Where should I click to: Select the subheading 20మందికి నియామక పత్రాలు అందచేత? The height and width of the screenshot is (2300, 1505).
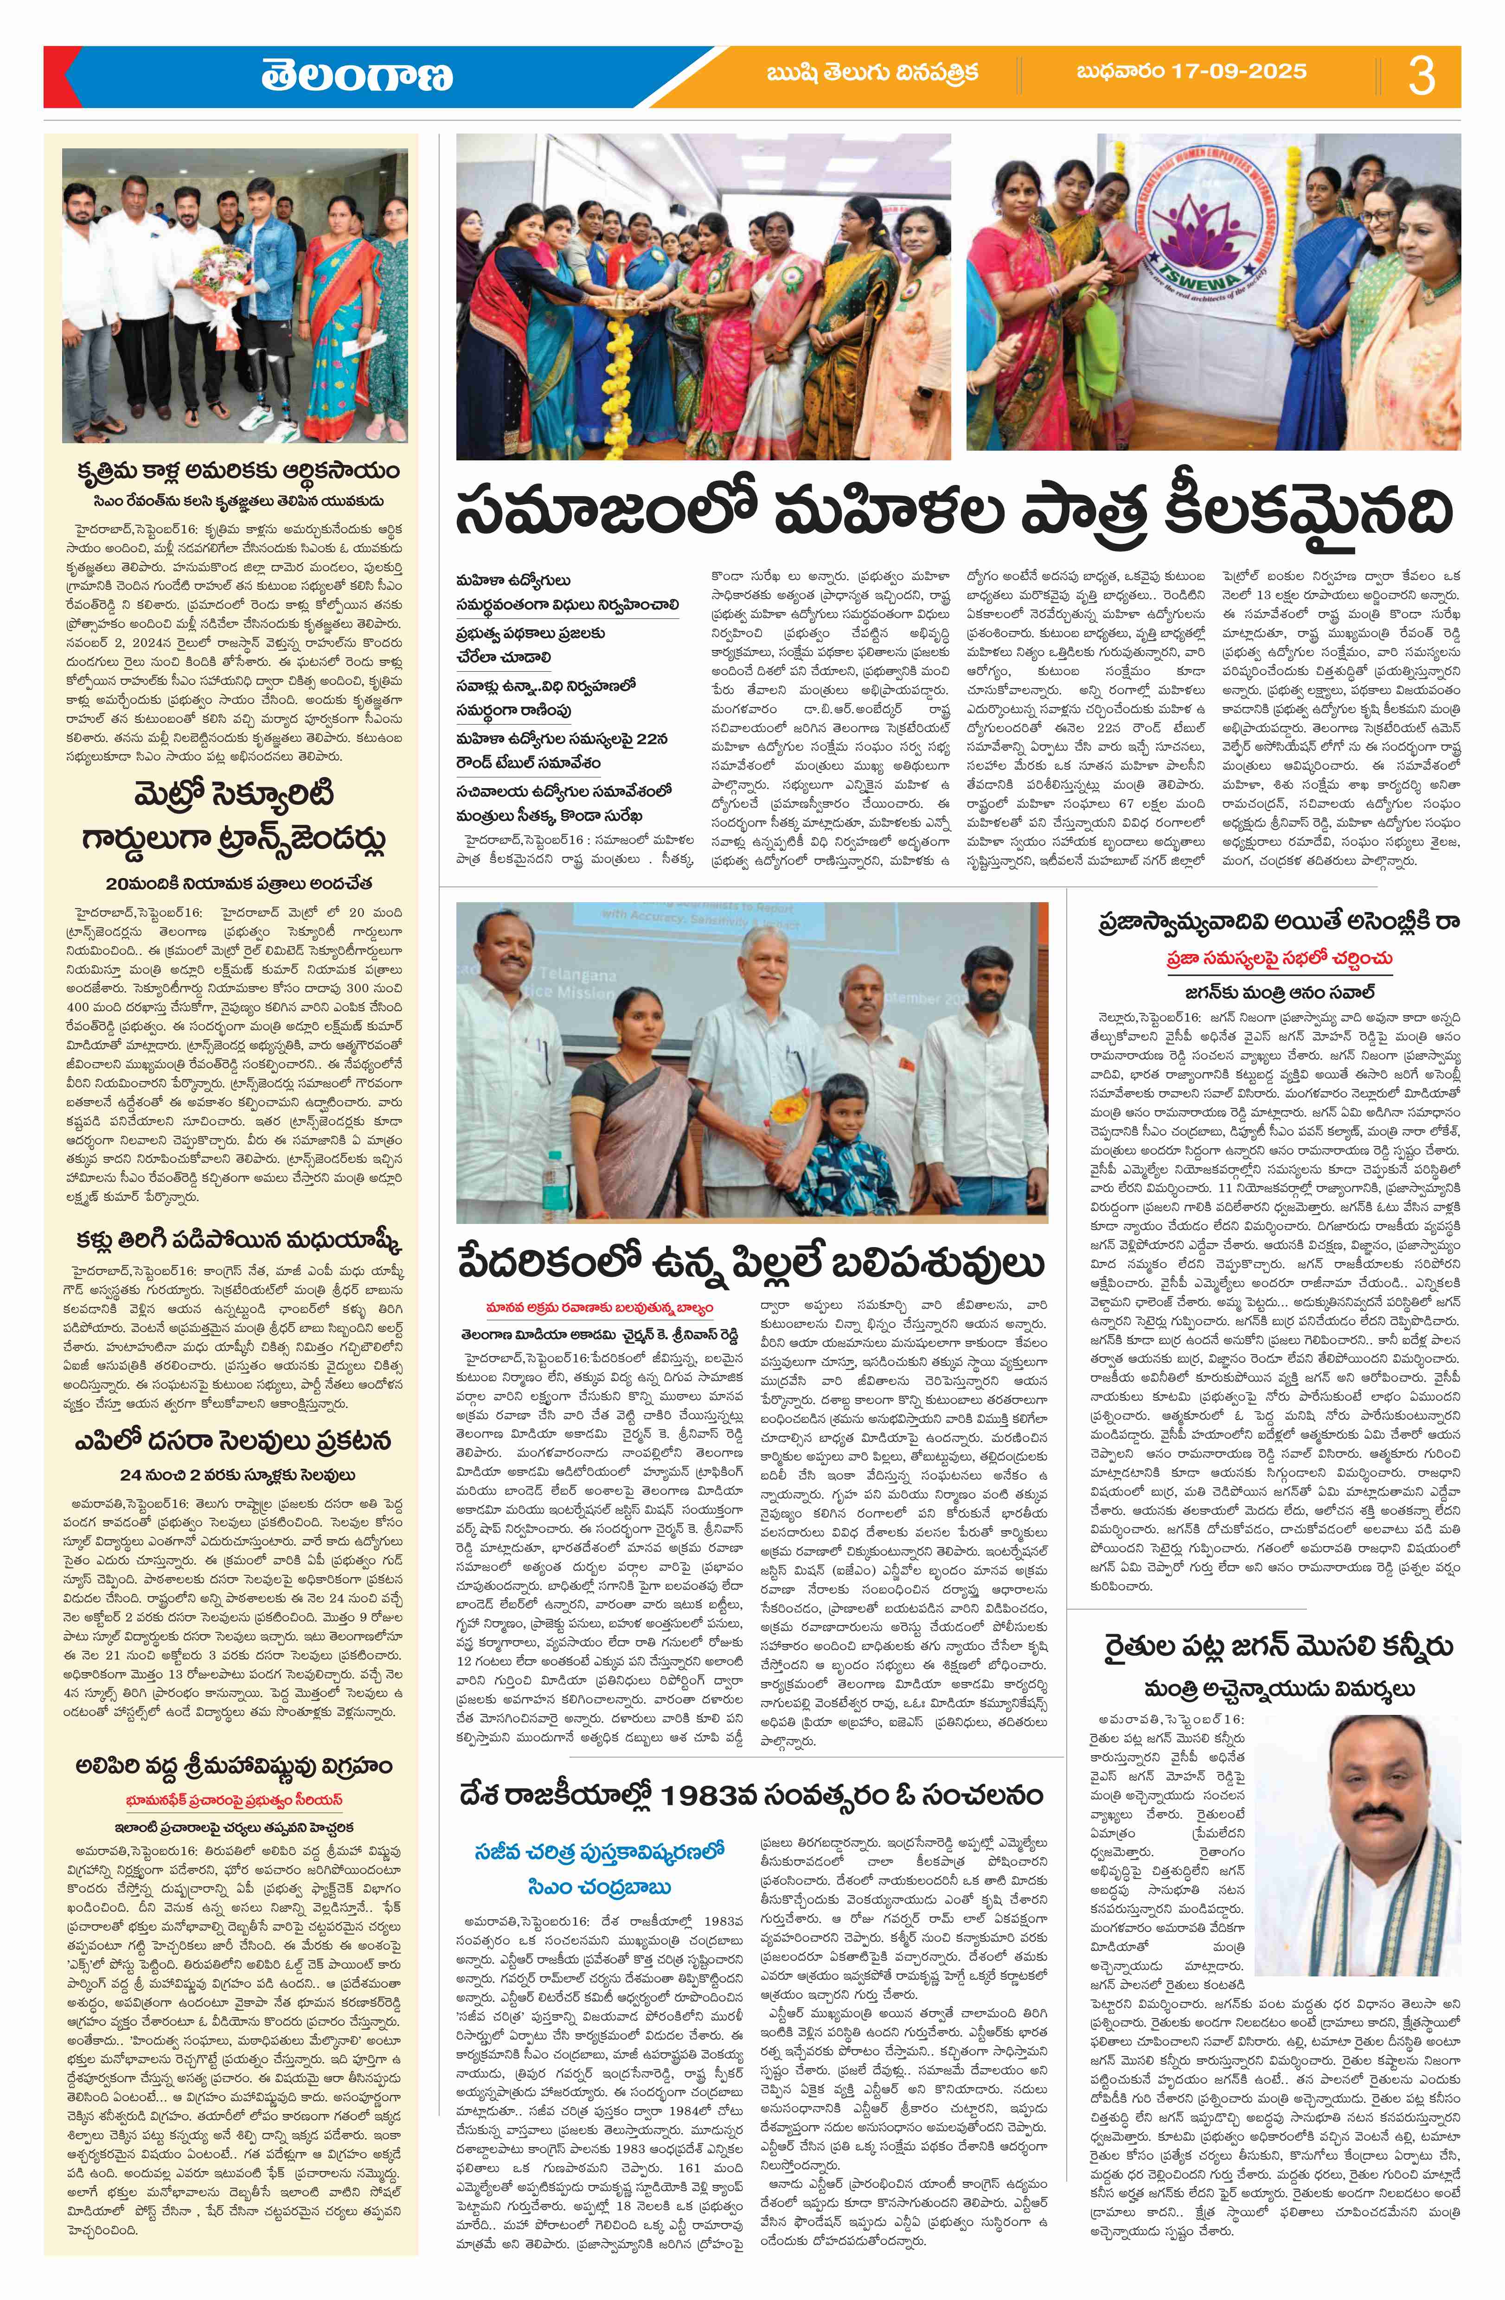[x=240, y=883]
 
